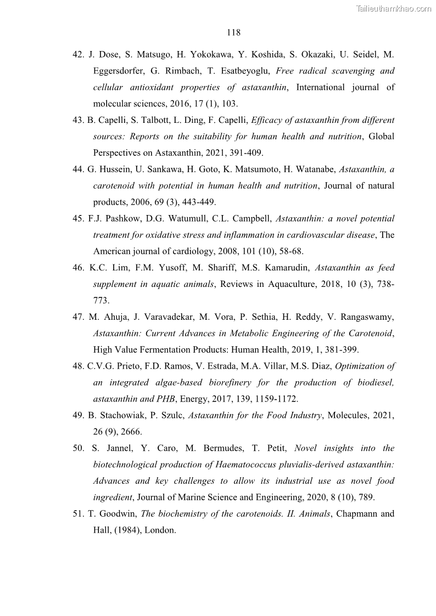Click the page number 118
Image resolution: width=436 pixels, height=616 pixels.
(x=233, y=32)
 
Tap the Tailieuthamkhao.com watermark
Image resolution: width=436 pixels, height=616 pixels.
(x=394, y=8)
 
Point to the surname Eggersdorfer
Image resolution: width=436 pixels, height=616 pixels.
(x=120, y=71)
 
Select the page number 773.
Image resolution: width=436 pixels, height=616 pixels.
(x=101, y=301)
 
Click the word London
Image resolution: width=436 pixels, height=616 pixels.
(x=160, y=530)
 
